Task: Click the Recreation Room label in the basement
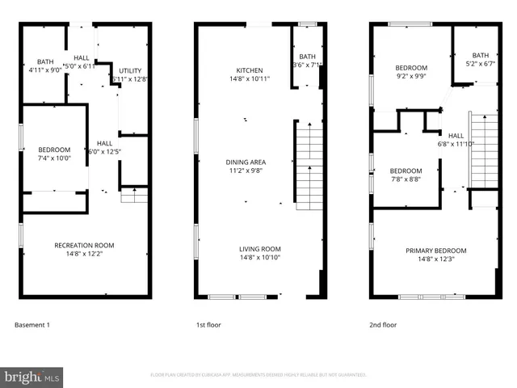click(84, 245)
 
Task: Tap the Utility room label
click(130, 71)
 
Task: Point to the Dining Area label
click(245, 162)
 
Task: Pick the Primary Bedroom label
click(435, 251)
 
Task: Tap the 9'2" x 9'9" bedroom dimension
click(411, 77)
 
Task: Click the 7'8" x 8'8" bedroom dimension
click(406, 180)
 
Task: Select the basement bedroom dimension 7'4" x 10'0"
click(54, 158)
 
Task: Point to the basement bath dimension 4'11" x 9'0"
click(44, 70)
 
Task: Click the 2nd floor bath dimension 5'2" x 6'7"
click(481, 65)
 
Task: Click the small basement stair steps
click(133, 196)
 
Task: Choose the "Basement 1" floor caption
click(32, 325)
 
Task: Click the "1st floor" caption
click(208, 325)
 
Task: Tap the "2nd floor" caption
click(384, 325)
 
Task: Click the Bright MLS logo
click(32, 377)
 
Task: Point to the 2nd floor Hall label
click(456, 136)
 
